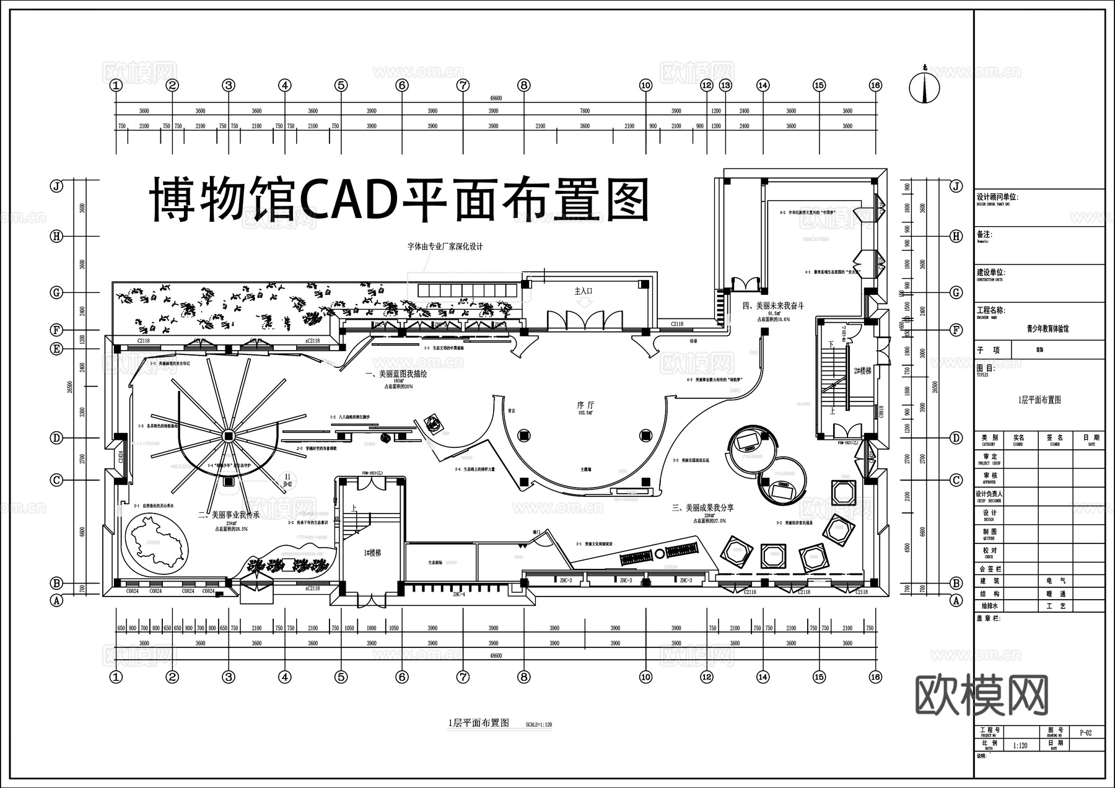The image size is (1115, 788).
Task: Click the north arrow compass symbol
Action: (924, 87)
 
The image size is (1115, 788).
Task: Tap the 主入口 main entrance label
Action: (584, 291)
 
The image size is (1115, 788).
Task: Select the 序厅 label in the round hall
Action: (585, 405)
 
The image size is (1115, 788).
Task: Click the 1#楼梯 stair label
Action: (372, 553)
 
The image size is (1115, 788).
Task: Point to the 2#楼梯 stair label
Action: (862, 370)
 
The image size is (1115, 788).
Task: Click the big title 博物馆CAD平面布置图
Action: (400, 200)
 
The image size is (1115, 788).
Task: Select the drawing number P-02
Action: (1085, 732)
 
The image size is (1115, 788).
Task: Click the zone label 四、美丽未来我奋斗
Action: (773, 305)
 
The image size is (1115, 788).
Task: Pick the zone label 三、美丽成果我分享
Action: (703, 507)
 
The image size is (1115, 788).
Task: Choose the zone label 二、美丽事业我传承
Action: (229, 514)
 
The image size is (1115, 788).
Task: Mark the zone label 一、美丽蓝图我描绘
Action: (396, 374)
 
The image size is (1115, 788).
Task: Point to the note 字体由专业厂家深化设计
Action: (445, 247)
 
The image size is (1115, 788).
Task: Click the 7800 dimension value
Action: (584, 111)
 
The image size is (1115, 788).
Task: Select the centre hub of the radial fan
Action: (228, 436)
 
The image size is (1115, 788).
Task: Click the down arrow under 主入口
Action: (584, 302)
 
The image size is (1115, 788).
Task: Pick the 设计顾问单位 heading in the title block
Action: (997, 197)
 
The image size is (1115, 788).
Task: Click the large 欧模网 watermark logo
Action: (982, 695)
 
